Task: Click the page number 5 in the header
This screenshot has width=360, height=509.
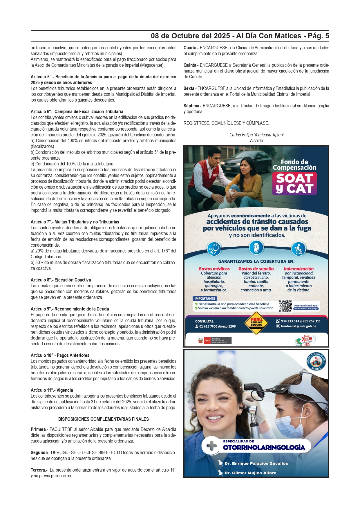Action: [327, 36]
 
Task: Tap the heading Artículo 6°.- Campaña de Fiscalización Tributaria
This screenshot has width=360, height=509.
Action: [77, 111]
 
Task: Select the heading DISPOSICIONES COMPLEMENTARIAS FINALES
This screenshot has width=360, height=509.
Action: [103, 419]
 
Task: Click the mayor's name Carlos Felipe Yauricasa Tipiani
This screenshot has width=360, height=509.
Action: [256, 135]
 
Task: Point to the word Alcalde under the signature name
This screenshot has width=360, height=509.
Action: [256, 141]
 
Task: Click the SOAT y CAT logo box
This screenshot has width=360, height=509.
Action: [294, 183]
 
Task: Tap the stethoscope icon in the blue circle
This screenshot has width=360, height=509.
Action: [214, 249]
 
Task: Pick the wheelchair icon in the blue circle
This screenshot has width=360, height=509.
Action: [299, 249]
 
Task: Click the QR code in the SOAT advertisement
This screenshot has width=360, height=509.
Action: [285, 306]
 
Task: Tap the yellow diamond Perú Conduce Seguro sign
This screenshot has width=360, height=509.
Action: [256, 323]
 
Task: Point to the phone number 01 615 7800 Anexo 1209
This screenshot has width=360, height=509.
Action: [217, 326]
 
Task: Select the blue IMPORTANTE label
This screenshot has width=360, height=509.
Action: [205, 298]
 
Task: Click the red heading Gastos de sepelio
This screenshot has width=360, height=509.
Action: [256, 269]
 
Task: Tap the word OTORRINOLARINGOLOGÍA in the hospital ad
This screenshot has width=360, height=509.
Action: [264, 447]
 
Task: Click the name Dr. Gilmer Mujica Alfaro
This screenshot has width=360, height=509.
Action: [250, 473]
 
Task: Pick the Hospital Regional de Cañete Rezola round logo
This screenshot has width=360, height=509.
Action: [316, 361]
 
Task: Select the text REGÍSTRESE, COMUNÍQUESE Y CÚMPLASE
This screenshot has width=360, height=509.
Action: [226, 123]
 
